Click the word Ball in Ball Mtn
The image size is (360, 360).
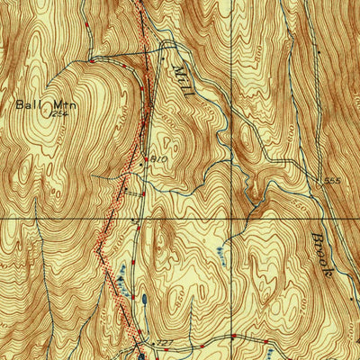click(27, 104)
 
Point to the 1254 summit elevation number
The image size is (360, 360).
click(60, 113)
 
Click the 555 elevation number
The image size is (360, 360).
click(334, 182)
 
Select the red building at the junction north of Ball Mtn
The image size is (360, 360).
click(90, 59)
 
